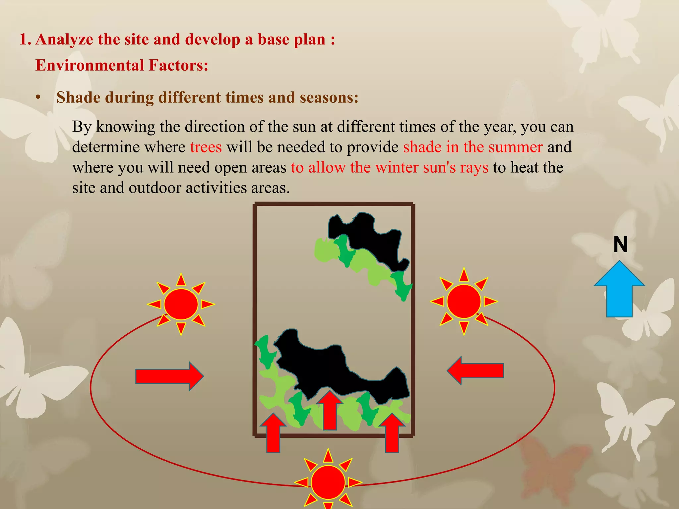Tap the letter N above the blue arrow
[621, 245]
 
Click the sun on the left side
[181, 304]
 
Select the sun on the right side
[464, 301]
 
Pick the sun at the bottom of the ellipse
[328, 481]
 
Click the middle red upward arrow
[330, 411]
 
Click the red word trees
[206, 147]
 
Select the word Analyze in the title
[64, 39]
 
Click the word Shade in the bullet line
[78, 97]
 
